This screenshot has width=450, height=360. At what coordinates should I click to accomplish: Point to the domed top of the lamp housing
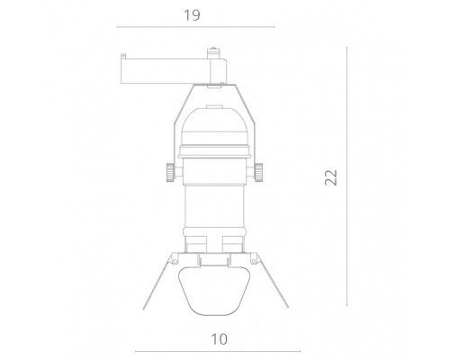214,117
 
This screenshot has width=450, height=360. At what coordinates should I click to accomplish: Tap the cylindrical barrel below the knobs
214,211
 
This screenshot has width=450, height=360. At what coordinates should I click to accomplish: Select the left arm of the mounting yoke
176,126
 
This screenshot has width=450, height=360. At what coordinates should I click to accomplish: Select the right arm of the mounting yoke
252,126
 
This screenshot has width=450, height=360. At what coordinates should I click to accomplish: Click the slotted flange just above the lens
214,258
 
